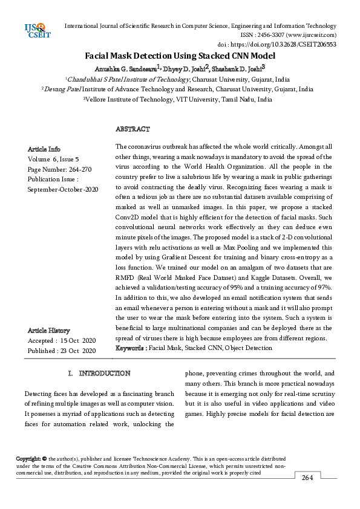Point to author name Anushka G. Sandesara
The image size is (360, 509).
pos(127,68)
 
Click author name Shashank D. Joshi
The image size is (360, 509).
pos(241,68)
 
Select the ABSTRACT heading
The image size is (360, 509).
pos(133,129)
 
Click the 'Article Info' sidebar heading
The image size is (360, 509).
pos(44,149)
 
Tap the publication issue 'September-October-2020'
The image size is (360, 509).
pos(63,190)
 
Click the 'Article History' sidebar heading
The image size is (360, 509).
pos(48,331)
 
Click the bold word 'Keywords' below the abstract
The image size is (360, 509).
pos(129,348)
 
